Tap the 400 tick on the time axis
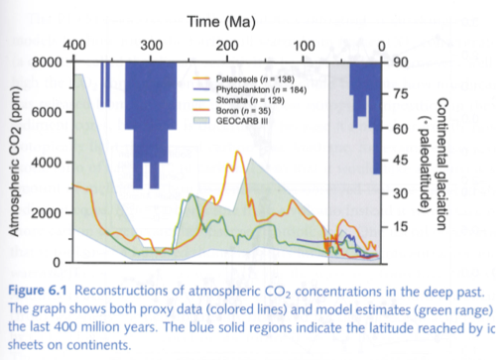74,46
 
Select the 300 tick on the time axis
151,46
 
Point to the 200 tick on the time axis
227,46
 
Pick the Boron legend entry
234,110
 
